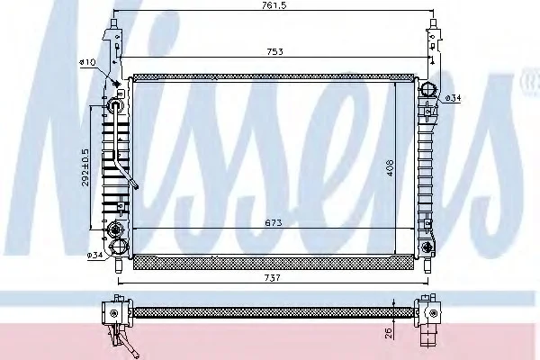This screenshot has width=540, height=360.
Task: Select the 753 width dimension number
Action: point(274,51)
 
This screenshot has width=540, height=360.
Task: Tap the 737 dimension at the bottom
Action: point(273,277)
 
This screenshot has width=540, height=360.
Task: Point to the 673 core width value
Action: point(274,222)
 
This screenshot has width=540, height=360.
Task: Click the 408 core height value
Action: point(390,167)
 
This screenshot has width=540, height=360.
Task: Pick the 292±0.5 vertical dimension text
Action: point(85,167)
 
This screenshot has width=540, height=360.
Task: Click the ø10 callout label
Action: point(87,62)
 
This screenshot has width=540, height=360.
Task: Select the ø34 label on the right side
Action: point(453,98)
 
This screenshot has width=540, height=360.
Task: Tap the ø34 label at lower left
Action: point(94,255)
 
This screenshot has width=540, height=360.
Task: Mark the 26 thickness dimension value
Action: point(389,332)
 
